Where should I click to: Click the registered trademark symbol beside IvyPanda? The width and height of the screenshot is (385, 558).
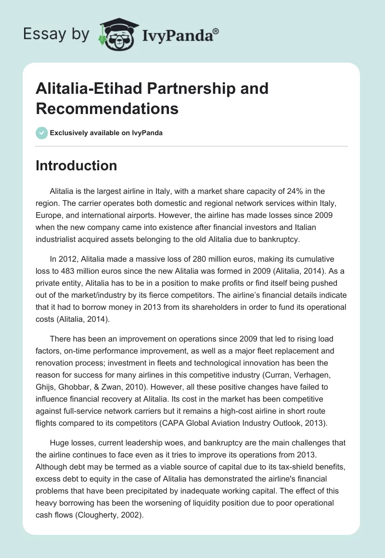pos(216,31)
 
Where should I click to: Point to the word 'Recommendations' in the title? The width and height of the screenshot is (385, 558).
pos(107,108)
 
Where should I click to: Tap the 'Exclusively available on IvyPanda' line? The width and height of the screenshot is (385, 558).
pos(106,133)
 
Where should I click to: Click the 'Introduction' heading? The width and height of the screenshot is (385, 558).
pos(77,165)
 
